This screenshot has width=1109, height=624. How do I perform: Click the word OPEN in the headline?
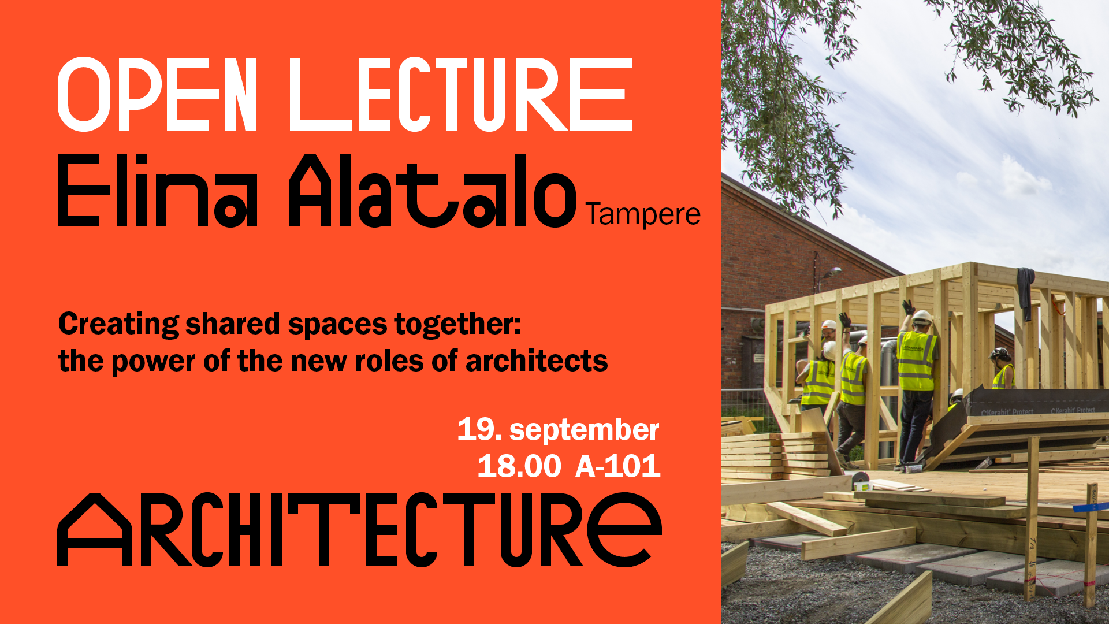click(157, 94)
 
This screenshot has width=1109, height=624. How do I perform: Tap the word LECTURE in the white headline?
click(460, 94)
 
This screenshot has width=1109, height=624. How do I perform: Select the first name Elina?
click(157, 190)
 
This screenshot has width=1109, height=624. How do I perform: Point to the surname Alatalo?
click(432, 190)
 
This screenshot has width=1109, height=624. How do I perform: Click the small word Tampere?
click(643, 214)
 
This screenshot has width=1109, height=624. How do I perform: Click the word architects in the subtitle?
click(537, 361)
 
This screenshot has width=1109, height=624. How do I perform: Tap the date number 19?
click(479, 429)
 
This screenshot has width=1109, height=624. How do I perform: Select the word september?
click(584, 431)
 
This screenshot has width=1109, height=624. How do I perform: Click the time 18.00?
click(519, 466)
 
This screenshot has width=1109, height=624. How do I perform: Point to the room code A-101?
click(618, 466)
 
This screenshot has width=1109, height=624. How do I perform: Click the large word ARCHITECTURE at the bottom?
click(359, 530)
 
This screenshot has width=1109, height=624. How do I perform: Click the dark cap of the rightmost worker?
click(999, 353)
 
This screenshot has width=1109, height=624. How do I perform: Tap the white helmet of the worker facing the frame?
click(922, 317)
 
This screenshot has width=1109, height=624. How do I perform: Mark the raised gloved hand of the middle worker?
click(845, 320)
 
